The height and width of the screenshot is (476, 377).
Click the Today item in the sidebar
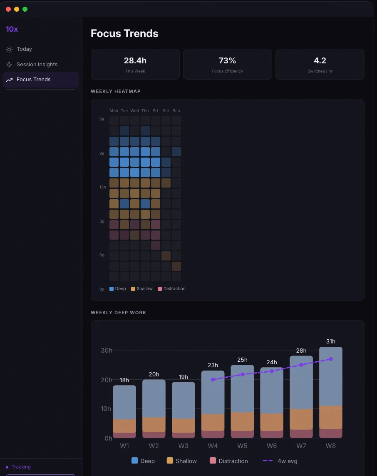point(24,49)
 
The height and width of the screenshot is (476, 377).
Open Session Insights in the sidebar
point(37,65)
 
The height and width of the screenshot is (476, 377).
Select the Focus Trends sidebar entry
point(33,80)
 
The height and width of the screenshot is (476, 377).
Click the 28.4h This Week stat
point(135,61)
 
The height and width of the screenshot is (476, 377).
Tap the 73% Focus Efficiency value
point(227,61)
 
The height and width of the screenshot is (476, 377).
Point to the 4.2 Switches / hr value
point(320,61)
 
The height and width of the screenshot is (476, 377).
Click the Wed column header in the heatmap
point(134,111)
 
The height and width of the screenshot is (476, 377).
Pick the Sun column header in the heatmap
point(176,111)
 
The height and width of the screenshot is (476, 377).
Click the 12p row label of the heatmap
point(102,187)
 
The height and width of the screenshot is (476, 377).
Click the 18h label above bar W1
point(124,380)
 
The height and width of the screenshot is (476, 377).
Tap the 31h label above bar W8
point(330,341)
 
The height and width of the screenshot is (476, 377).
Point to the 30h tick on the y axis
point(107,350)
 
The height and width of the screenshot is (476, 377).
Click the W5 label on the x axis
point(242,446)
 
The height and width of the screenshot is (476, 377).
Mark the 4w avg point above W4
point(213,380)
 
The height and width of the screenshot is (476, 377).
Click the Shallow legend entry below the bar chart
point(182,461)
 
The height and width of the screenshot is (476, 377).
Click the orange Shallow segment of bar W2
point(154,424)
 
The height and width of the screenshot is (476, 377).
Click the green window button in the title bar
point(25,9)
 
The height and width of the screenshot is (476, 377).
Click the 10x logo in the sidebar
point(12,29)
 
